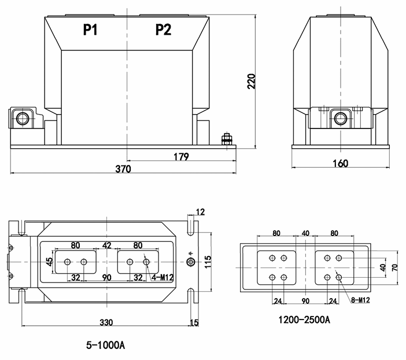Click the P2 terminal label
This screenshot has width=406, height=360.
(164, 30)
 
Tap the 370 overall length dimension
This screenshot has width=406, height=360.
(123, 169)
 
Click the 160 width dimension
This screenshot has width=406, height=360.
(341, 163)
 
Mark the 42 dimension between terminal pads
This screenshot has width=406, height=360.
(107, 244)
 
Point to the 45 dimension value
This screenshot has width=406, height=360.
(50, 262)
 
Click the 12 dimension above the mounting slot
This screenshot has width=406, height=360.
(200, 212)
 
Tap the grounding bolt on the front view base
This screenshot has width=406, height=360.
(227, 141)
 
